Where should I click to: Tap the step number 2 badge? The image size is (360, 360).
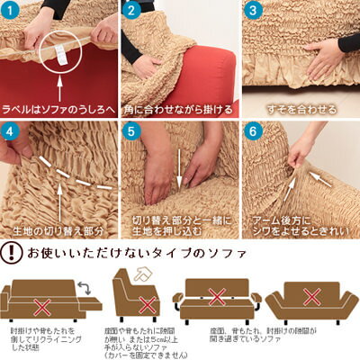(x=130, y=12)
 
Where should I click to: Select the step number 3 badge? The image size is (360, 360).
(x=252, y=12)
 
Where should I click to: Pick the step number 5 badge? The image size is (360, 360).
(x=130, y=130)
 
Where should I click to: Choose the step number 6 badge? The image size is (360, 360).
(x=252, y=130)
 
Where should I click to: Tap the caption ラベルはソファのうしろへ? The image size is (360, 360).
(x=59, y=109)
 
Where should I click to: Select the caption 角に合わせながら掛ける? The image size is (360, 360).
(x=179, y=109)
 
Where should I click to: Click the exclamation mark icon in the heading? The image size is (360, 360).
(x=12, y=251)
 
